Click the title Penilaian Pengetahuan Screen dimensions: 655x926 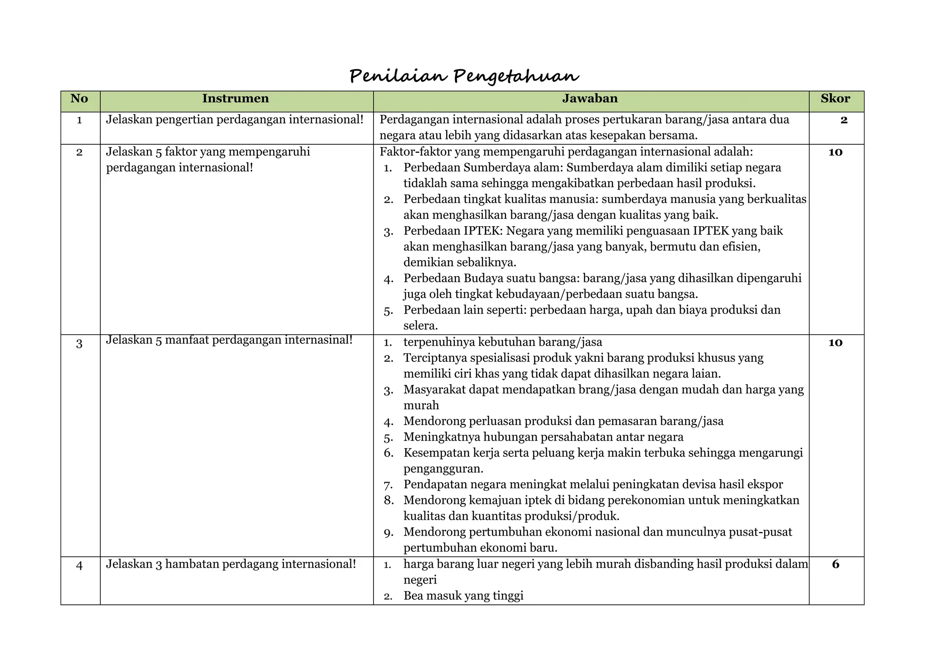pyautogui.click(x=464, y=76)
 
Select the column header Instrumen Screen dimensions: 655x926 pyautogui.click(x=235, y=99)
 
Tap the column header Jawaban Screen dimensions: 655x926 pyautogui.click(x=590, y=99)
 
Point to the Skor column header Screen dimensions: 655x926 pyautogui.click(x=835, y=99)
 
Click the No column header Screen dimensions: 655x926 pyautogui.click(x=79, y=99)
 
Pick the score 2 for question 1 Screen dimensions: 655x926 pyautogui.click(x=844, y=120)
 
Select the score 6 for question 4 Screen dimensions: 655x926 pyautogui.click(x=836, y=564)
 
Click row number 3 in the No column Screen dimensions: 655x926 pyautogui.click(x=79, y=344)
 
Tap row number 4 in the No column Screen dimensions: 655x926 pyautogui.click(x=79, y=565)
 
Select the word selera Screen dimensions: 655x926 pyautogui.click(x=420, y=326)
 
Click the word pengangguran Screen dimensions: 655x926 pyautogui.click(x=443, y=469)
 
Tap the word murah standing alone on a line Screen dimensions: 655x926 pyautogui.click(x=421, y=405)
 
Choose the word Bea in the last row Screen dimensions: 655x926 pyautogui.click(x=413, y=596)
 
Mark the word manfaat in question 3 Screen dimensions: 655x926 pyautogui.click(x=187, y=340)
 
